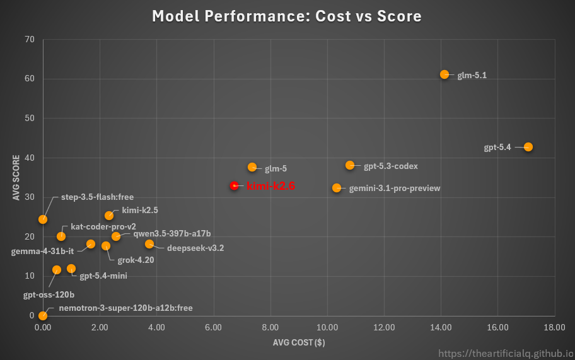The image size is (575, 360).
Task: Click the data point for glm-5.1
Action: (444, 74)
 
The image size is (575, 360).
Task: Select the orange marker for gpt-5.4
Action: (528, 147)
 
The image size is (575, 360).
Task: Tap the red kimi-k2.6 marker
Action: (234, 186)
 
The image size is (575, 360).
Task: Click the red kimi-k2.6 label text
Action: (270, 187)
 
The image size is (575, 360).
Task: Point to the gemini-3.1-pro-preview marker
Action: (337, 188)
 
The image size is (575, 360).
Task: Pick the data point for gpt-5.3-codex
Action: (350, 165)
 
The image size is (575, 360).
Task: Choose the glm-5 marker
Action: (252, 167)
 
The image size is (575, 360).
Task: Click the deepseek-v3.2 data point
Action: (149, 244)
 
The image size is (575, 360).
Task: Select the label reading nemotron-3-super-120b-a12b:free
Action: (125, 308)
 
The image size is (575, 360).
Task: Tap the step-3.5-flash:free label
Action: (97, 197)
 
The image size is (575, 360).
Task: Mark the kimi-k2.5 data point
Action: (109, 216)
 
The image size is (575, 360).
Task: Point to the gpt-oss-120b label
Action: (49, 294)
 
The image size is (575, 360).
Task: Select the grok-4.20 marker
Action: (106, 246)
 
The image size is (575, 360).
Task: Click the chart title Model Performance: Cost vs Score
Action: (287, 16)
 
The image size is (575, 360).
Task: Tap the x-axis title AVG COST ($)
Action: (298, 342)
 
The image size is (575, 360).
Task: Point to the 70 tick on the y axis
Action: (29, 40)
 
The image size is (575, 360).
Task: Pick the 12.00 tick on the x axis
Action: (383, 327)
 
